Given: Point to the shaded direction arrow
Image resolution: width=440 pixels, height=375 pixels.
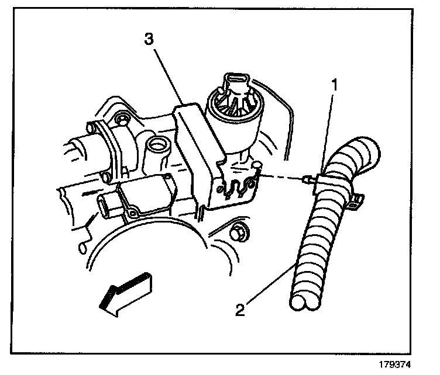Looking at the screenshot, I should point(123,292).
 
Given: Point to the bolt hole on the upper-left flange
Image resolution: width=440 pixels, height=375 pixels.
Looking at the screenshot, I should point(122,120).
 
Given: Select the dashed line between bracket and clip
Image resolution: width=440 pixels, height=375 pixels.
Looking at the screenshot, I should point(281,178).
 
